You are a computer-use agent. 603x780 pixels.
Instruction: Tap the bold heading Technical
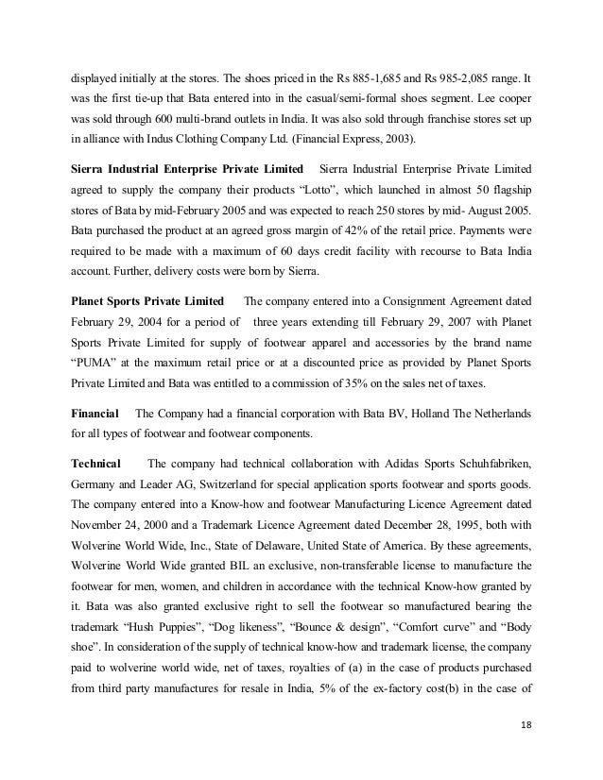(x=96, y=464)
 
